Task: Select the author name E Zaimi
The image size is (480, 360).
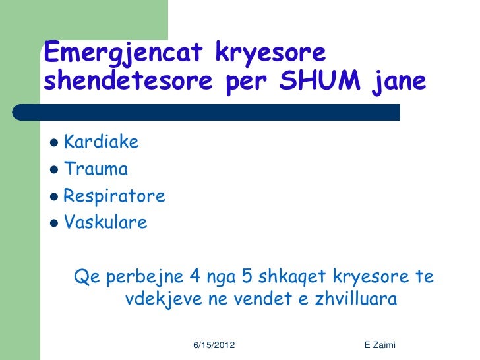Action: tap(379, 345)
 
